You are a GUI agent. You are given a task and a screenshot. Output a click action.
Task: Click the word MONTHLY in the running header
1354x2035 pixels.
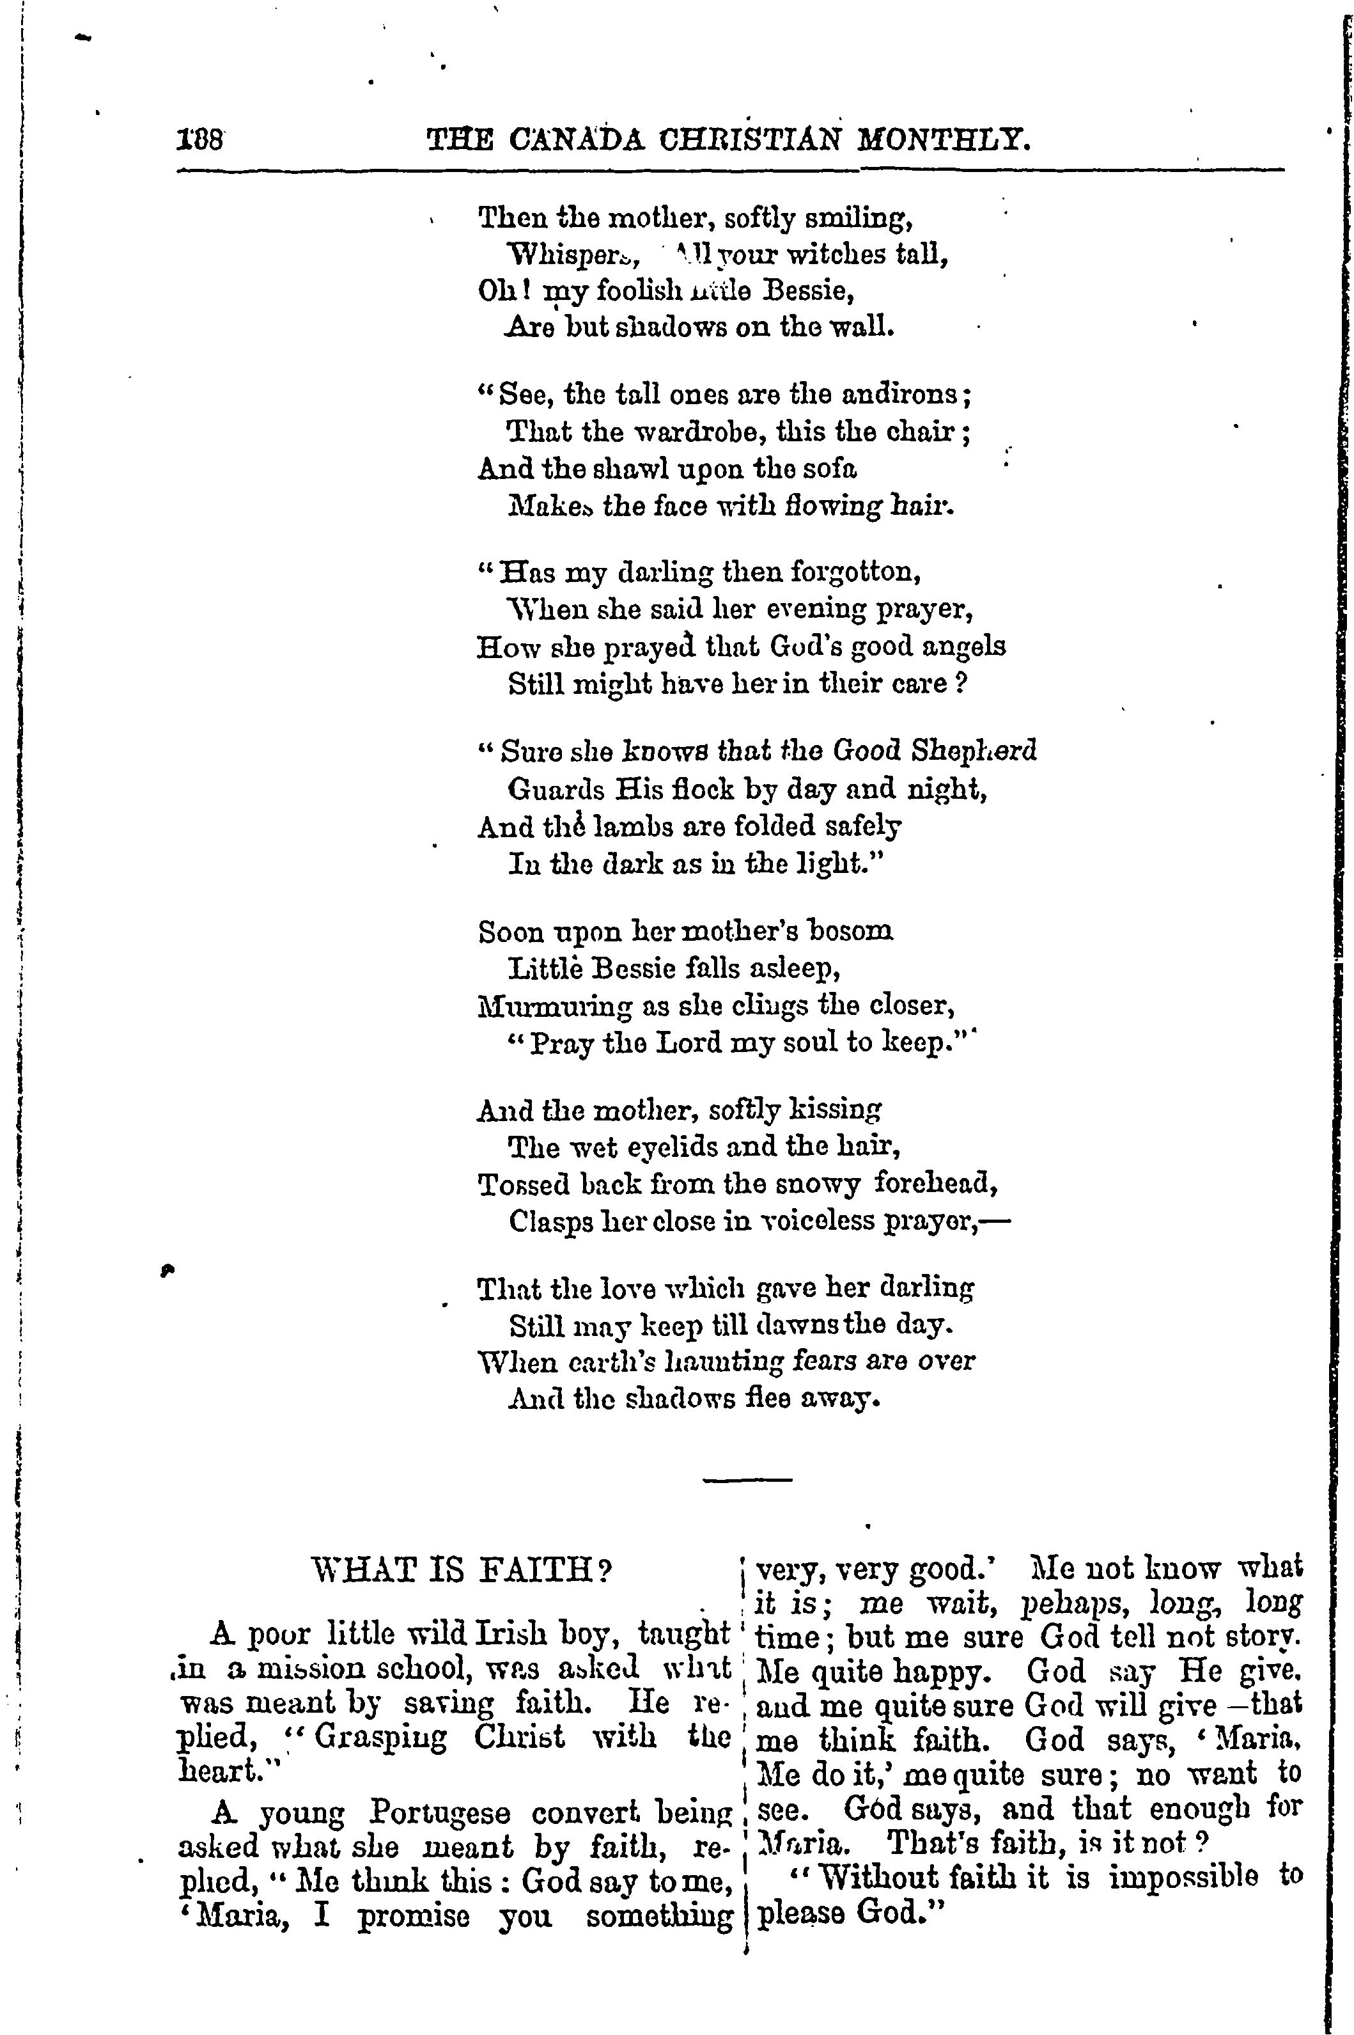pyautogui.click(x=950, y=139)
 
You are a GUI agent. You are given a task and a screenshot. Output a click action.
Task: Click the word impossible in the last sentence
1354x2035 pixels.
pyautogui.click(x=1183, y=1877)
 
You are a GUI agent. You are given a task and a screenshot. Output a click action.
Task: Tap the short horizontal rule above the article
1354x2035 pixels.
pyautogui.click(x=748, y=1481)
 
